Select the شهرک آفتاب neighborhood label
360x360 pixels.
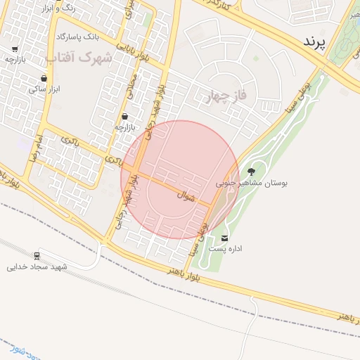point(79,56)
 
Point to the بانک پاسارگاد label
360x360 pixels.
point(79,35)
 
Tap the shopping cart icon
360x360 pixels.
point(15,49)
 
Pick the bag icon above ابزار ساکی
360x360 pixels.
point(45,78)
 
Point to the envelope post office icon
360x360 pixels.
point(225,238)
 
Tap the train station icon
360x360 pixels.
point(37,255)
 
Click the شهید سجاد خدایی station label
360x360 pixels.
point(37,266)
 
